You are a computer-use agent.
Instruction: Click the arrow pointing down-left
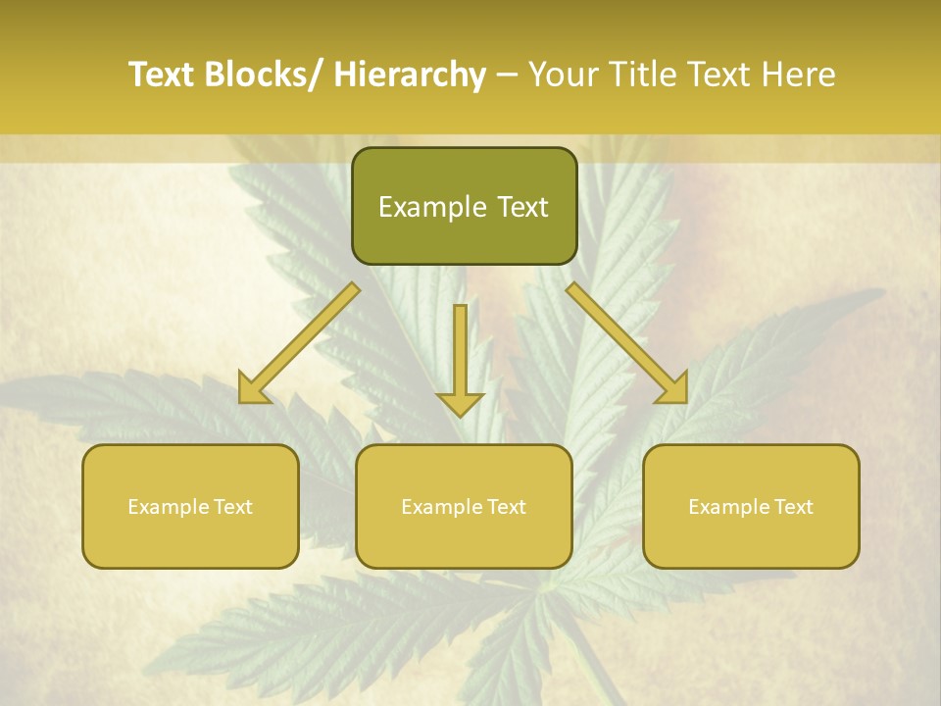tap(299, 343)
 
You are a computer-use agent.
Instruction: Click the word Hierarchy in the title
tap(410, 75)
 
